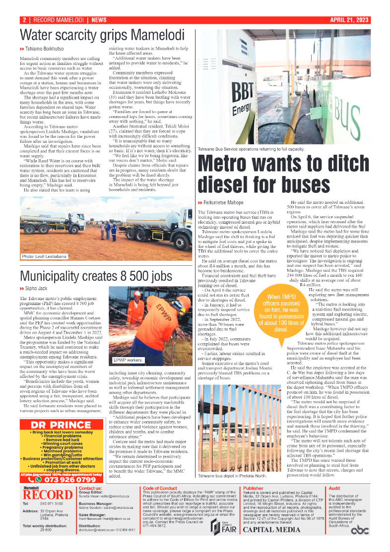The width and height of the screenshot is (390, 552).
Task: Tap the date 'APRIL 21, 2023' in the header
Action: (350, 20)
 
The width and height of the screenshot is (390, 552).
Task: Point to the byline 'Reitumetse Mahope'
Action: (209, 202)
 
